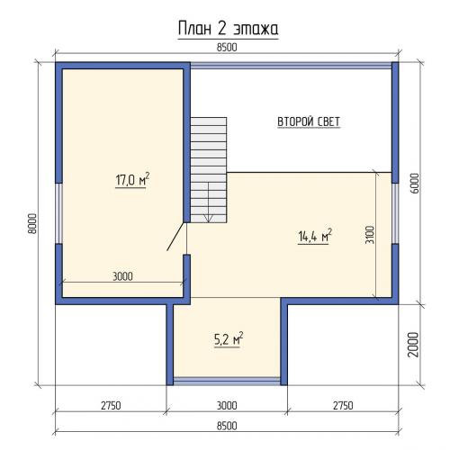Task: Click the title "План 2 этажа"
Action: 228,29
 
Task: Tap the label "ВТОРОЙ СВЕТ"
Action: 309,121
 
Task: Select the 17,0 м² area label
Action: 132,180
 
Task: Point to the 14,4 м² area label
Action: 315,236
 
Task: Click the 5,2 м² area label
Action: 229,339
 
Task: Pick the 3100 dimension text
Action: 370,235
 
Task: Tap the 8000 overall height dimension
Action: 31,223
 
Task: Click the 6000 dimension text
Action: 415,184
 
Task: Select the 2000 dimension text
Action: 413,345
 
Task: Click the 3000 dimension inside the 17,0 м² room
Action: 122,276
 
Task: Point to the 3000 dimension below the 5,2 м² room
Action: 227,406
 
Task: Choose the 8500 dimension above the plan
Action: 227,48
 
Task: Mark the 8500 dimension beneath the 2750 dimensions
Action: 227,426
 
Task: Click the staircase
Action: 209,170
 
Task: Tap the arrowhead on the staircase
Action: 209,219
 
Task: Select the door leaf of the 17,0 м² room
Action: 175,237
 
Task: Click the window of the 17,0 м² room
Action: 59,213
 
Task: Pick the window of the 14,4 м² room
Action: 395,213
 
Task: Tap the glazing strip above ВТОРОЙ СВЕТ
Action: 291,66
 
